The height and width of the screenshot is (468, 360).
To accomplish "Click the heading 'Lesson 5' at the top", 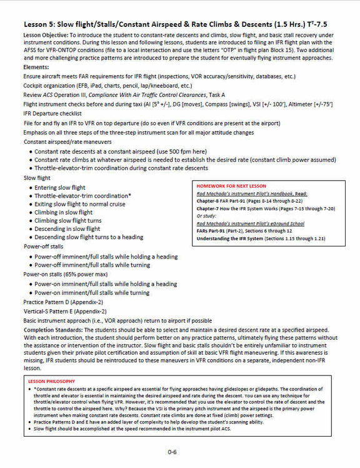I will pos(44,23).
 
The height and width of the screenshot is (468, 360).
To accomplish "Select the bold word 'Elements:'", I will pos(37,66).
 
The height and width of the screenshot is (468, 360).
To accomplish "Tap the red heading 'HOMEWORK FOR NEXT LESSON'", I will pos(231,186).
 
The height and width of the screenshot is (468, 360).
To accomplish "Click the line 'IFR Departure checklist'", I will pos(57,114).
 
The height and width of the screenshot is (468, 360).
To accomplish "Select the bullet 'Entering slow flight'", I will pos(60,187).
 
